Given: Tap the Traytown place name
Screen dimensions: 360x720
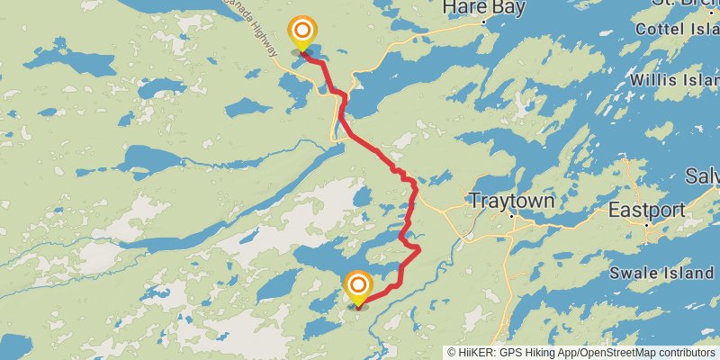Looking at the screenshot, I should pos(510,201).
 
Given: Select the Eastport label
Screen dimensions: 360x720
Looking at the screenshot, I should pos(647,210).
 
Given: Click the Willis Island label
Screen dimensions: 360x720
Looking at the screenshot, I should pos(674,79).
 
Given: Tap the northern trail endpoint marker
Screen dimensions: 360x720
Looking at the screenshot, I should pos(301,32).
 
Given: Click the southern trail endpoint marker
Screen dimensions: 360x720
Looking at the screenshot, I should pos(357,288).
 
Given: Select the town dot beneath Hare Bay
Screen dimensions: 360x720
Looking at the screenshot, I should pos(484,21).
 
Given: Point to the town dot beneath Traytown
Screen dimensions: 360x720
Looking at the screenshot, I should pos(512,216).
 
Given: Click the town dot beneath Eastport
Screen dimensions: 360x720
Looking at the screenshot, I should pos(646,224).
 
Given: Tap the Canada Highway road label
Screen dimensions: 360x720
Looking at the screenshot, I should pos(261,40).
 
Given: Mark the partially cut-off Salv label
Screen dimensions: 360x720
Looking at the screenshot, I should pos(702,175).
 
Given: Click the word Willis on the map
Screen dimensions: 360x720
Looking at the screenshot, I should pos(652,79).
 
